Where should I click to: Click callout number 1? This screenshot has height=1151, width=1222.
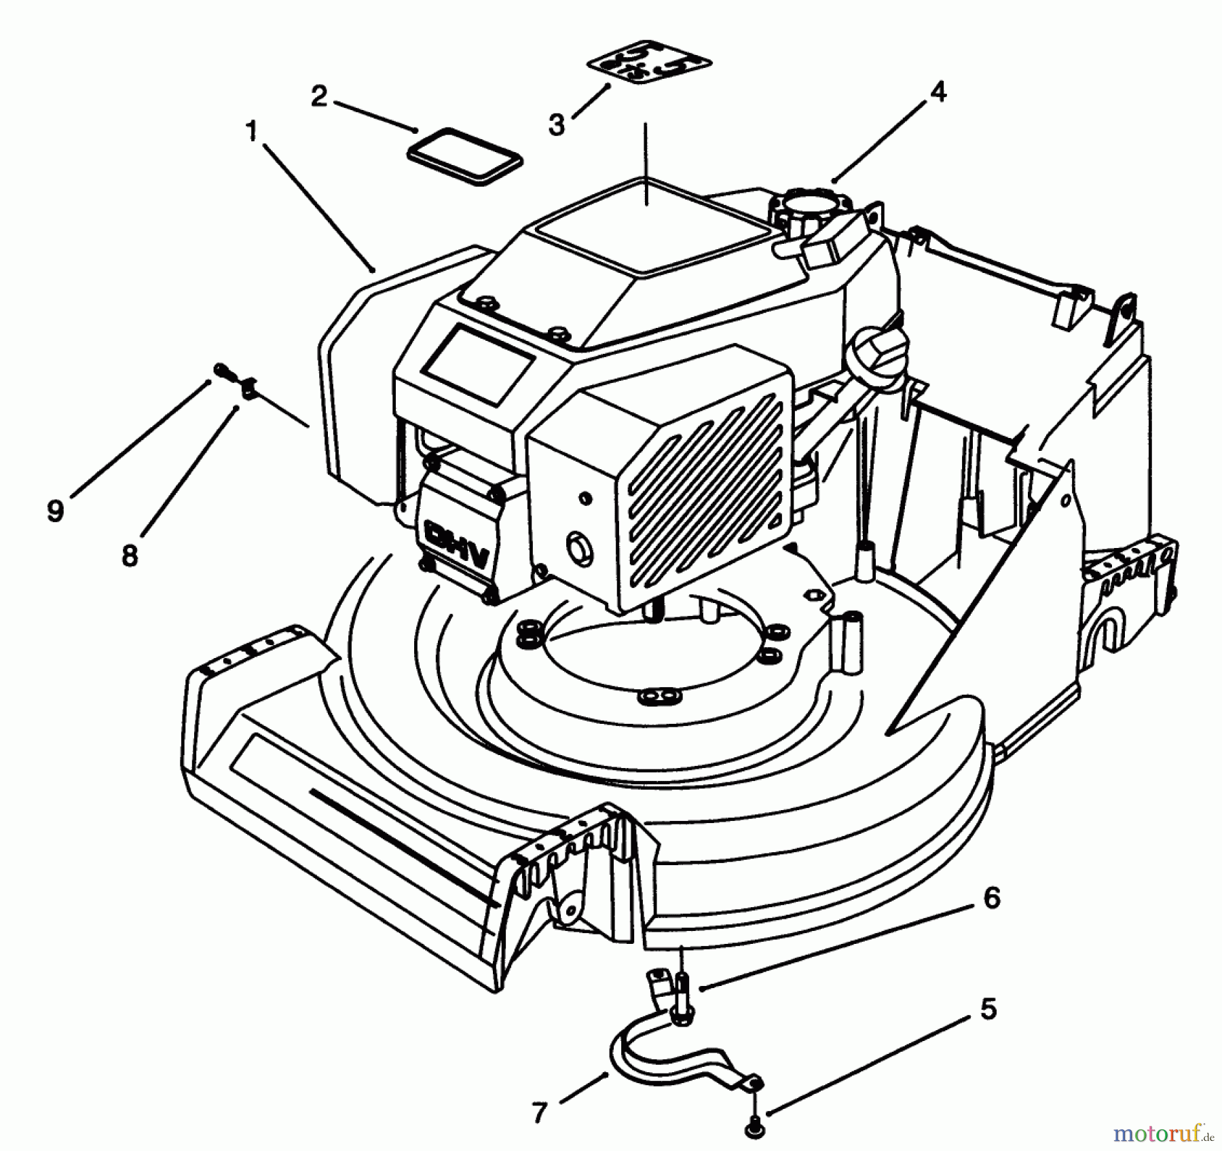252,131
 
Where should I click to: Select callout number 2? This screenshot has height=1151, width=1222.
319,96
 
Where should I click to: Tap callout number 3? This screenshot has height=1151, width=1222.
556,125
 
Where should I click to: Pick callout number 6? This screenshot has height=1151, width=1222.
991,898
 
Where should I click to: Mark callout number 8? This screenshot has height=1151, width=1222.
129,555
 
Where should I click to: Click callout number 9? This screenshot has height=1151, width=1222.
56,511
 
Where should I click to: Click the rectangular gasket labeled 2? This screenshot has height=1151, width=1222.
466,156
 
